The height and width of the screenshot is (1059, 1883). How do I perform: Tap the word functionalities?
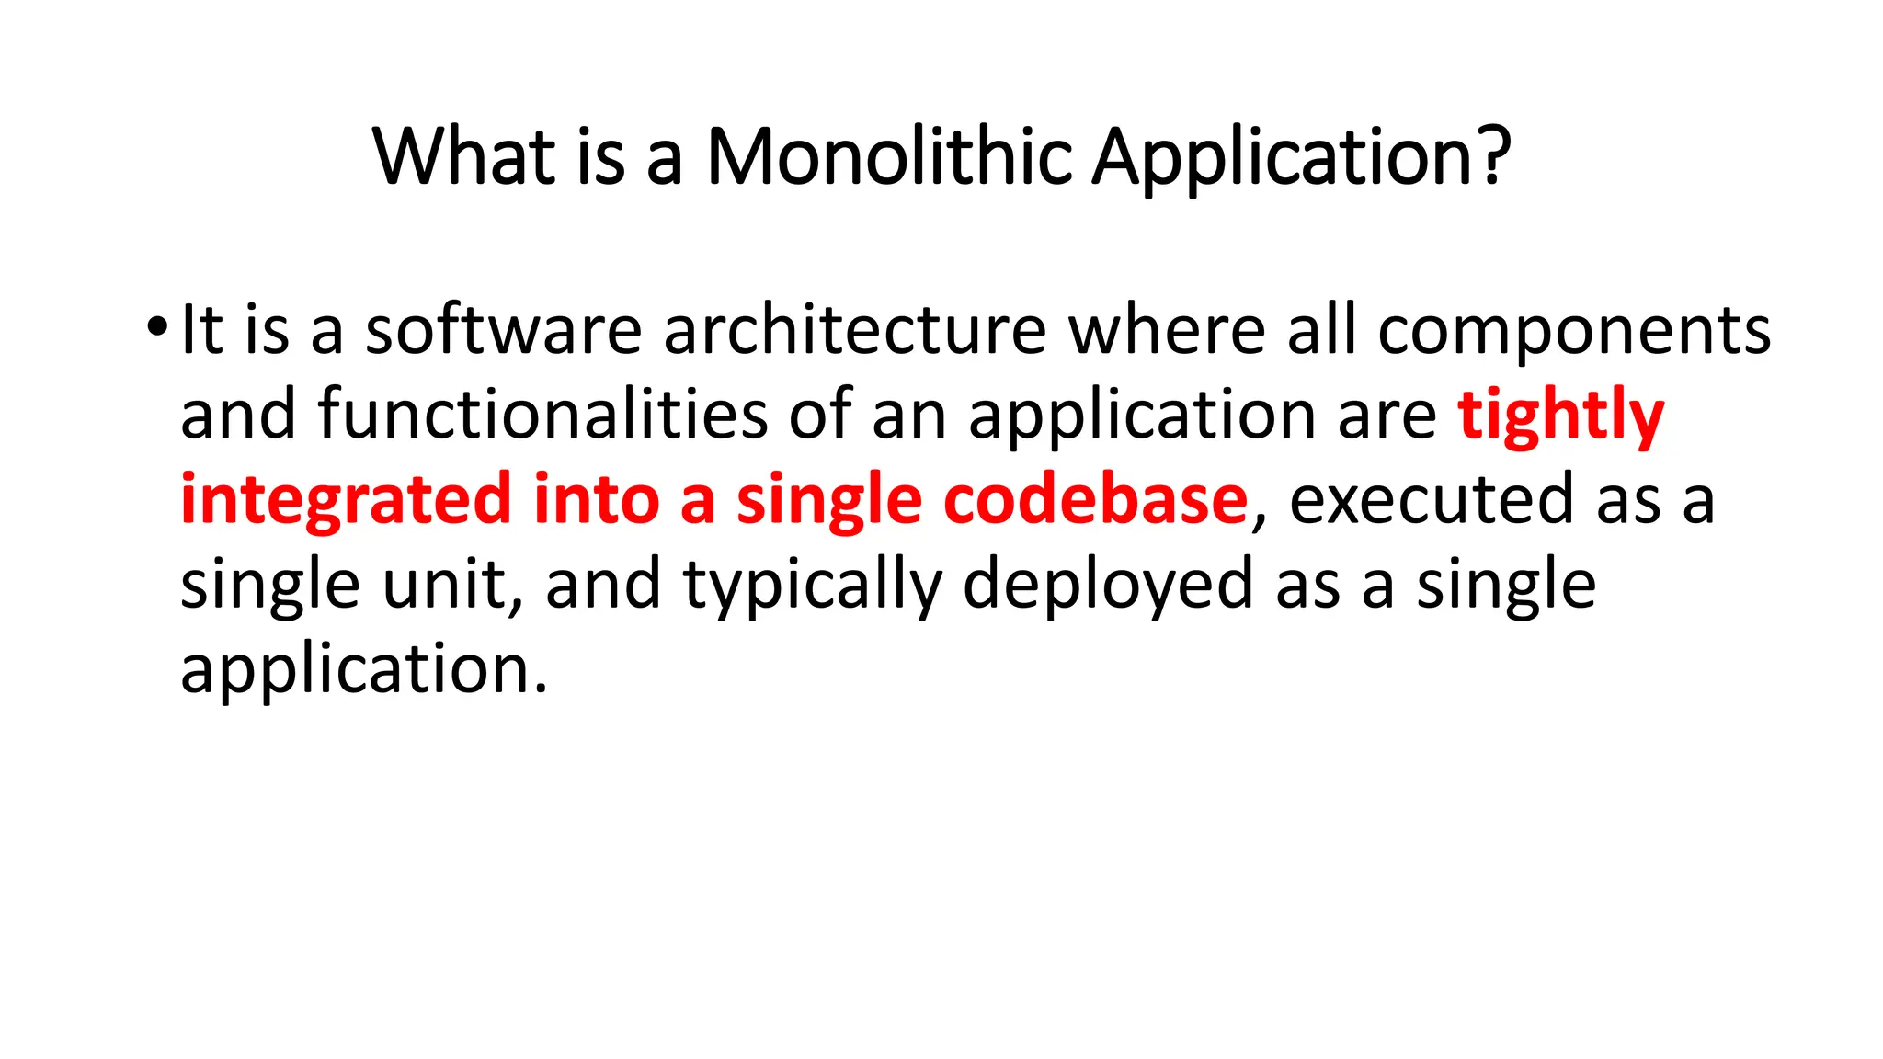542,415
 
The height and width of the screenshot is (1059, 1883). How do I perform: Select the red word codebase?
1095,499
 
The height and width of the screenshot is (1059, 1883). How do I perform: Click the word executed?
1432,499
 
